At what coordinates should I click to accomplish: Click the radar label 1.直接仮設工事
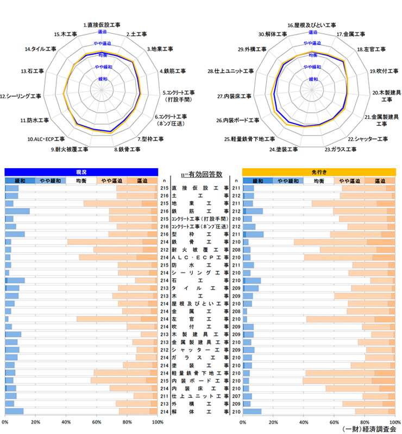tap(102, 25)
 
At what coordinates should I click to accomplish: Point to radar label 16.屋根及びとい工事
tap(311, 25)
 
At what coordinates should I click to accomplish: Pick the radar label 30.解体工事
tap(273, 34)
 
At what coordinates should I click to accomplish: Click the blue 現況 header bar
tap(81, 171)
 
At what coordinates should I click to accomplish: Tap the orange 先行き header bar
tap(318, 171)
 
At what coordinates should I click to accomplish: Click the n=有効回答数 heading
tap(200, 174)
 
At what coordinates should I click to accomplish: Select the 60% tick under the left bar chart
tap(96, 422)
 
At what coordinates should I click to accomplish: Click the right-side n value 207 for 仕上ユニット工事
tap(236, 397)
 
